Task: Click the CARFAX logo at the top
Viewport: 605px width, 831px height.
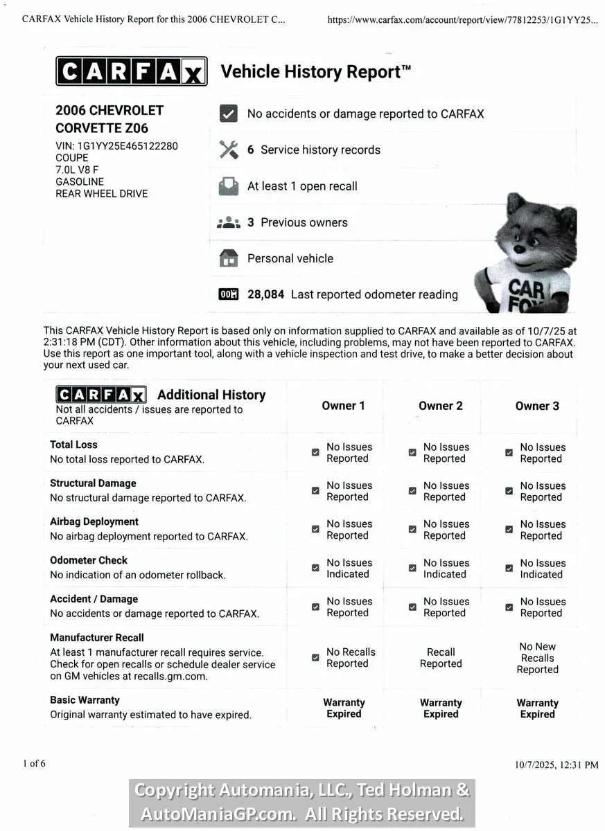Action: click(131, 71)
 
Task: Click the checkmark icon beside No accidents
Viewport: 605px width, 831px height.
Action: click(228, 114)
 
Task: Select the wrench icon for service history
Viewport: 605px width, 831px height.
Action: click(228, 150)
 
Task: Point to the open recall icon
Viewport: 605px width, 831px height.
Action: click(228, 186)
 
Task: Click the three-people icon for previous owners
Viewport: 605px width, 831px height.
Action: click(228, 222)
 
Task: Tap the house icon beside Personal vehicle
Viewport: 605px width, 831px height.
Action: click(228, 258)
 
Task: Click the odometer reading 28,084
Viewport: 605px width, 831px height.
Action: click(265, 294)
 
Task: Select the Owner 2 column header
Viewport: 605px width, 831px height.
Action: click(440, 406)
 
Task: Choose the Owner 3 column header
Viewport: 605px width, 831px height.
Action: click(537, 406)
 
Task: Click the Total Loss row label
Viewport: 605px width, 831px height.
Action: click(73, 445)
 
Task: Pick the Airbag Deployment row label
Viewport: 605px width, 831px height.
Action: click(94, 521)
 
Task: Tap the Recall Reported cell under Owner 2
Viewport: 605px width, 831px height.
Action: click(441, 658)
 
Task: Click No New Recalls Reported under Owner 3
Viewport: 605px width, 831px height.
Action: click(537, 658)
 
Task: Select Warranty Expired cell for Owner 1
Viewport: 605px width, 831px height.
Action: click(344, 708)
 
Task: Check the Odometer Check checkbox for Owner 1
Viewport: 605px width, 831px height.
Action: click(315, 568)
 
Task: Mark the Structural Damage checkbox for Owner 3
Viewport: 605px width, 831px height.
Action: click(509, 491)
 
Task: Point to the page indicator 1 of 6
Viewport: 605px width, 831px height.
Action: click(34, 764)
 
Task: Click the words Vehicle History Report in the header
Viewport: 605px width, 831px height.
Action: click(315, 72)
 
